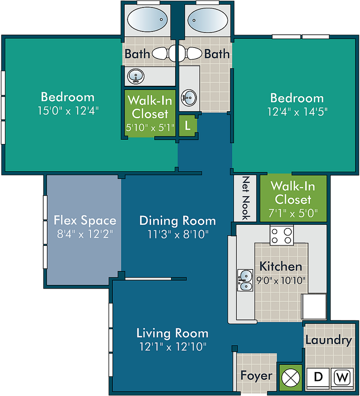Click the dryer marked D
point(318,378)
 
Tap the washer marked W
point(342,378)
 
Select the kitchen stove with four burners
point(282,235)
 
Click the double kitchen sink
point(245,280)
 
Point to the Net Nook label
point(246,198)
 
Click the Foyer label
point(256,375)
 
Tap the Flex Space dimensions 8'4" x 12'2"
point(85,234)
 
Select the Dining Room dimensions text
point(178,235)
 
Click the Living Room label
point(172,333)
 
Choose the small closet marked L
point(187,126)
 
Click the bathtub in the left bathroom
point(147,20)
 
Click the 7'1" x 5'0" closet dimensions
point(293,213)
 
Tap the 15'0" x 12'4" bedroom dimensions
point(68,111)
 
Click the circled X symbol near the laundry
point(291,378)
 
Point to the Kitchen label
point(281,267)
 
